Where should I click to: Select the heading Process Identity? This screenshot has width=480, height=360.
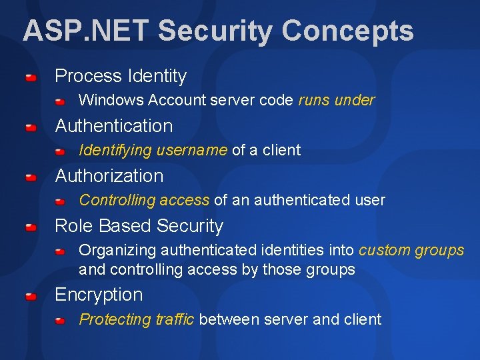121,76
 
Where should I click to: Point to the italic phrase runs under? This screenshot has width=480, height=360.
336,101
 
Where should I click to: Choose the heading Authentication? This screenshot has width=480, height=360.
114,126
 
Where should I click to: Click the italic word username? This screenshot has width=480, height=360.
191,151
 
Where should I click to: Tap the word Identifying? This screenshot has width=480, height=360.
115,151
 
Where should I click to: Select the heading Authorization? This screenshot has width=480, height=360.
109,176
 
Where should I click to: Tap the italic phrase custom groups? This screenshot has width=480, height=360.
411,251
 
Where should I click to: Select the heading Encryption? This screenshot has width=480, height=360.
99,295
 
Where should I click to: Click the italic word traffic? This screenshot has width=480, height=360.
173,320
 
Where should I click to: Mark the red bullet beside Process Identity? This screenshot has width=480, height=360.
31,77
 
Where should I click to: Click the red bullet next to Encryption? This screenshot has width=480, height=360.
31,296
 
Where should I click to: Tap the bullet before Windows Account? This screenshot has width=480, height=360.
60,102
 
